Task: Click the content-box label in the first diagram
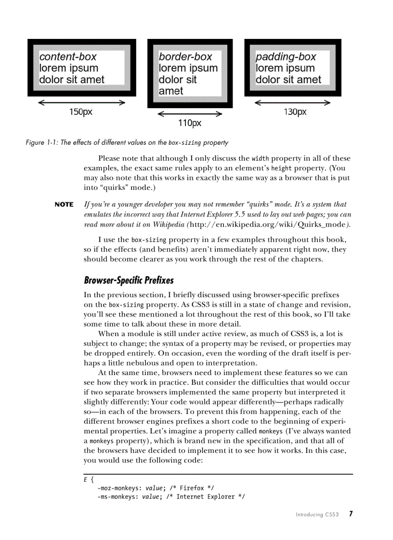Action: coord(68,57)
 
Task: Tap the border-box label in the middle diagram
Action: coord(185,57)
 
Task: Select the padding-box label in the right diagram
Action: coord(286,57)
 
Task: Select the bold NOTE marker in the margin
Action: coord(64,205)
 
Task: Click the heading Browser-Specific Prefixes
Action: coord(129,280)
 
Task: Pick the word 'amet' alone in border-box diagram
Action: coord(171,91)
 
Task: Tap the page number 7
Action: coord(352,514)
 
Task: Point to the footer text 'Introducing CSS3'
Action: coord(317,515)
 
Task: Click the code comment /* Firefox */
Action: coord(192,488)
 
